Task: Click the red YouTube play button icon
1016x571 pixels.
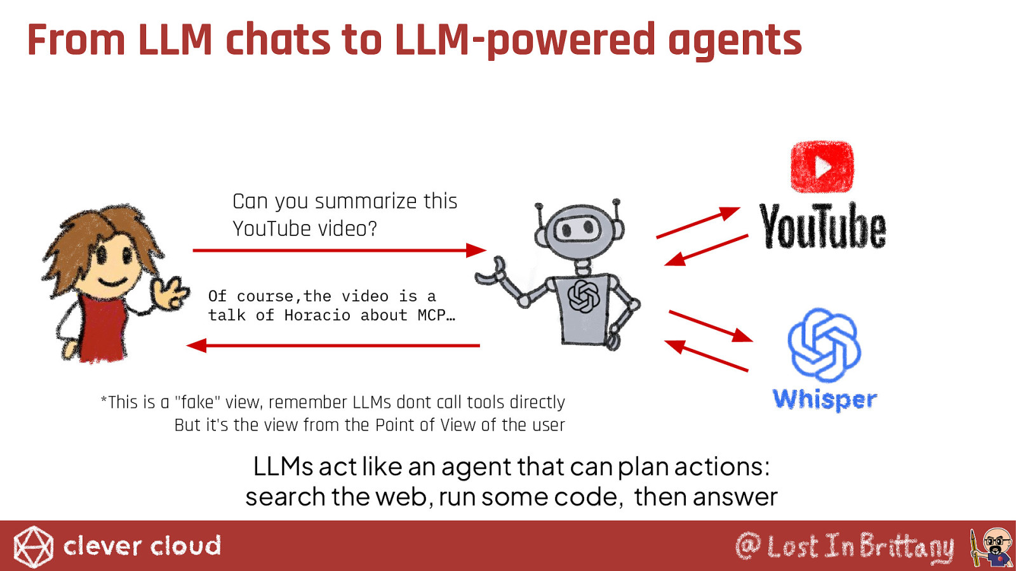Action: pyautogui.click(x=822, y=167)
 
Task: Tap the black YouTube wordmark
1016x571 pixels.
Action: pyautogui.click(x=822, y=226)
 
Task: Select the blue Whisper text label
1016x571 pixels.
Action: pyautogui.click(x=825, y=400)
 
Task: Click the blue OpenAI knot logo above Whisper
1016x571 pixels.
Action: pyautogui.click(x=824, y=345)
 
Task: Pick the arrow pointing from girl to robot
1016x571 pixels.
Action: pyautogui.click(x=339, y=250)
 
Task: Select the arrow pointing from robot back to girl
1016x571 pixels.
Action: pyautogui.click(x=333, y=346)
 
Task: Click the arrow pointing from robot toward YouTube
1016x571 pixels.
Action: pyautogui.click(x=698, y=223)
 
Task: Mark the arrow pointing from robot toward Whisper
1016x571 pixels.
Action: pyautogui.click(x=711, y=326)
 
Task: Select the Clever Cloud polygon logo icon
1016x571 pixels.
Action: pyautogui.click(x=33, y=547)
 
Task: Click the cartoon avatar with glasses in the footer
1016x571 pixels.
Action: pyautogui.click(x=993, y=547)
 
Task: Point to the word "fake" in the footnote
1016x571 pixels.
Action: pyautogui.click(x=197, y=402)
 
